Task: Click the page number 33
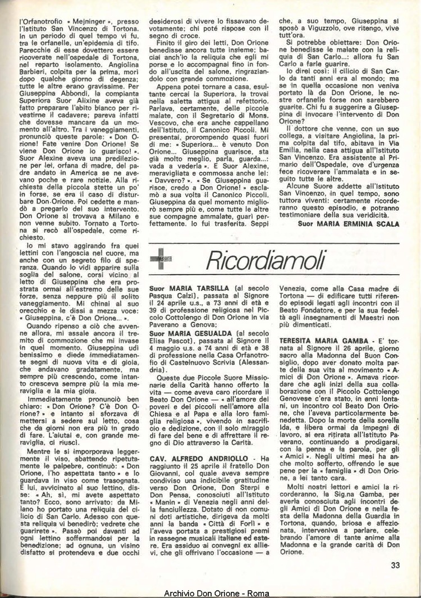[x=396, y=565]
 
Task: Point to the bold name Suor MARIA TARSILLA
[x=181, y=288]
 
